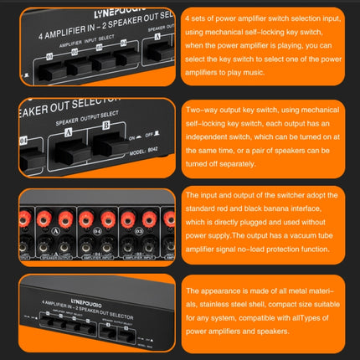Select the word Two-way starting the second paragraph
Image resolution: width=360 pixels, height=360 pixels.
pos(198,111)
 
